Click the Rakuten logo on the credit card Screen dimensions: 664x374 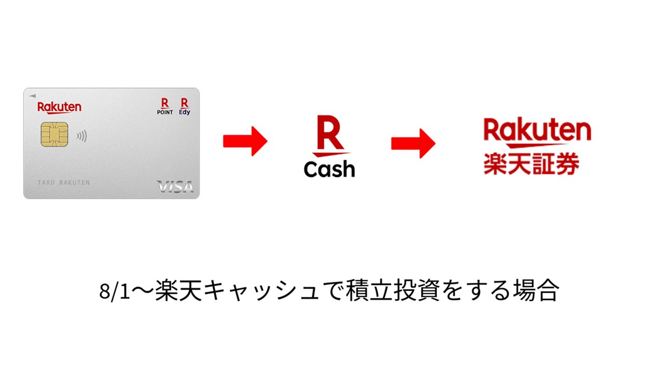tap(59, 108)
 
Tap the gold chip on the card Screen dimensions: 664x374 tap(54, 135)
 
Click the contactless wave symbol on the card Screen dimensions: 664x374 tap(82, 136)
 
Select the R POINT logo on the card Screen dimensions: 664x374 tap(165, 106)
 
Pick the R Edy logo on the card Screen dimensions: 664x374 tap(184, 106)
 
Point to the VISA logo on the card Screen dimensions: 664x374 tap(175, 186)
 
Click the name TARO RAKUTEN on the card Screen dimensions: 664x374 tap(64, 182)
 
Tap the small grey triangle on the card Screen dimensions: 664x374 tap(33, 96)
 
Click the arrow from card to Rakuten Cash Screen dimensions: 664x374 tap(245, 141)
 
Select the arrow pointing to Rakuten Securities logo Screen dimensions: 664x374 tap(413, 143)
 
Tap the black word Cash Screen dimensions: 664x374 tap(329, 169)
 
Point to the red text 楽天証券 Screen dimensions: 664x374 tap(531, 164)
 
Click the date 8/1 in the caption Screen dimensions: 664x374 tap(115, 291)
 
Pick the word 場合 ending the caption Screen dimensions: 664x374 tap(536, 290)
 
